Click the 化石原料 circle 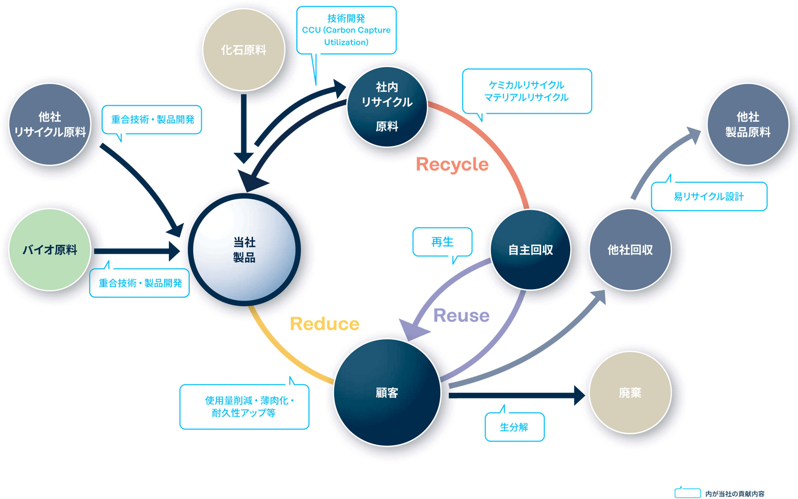[x=244, y=50]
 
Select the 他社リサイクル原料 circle [x=50, y=124]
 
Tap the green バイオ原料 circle [x=50, y=250]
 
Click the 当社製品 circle [x=244, y=250]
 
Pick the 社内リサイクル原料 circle [x=387, y=107]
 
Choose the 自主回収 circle [x=530, y=250]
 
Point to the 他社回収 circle [x=630, y=250]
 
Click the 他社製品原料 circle [x=748, y=124]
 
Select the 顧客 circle [x=387, y=393]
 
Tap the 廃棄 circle [x=630, y=393]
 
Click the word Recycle [x=452, y=164]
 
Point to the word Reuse [x=461, y=315]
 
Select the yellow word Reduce [x=324, y=324]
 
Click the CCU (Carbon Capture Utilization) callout [x=346, y=30]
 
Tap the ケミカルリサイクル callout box [x=527, y=91]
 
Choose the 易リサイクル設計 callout [x=709, y=196]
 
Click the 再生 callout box [x=442, y=242]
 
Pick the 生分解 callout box [x=514, y=427]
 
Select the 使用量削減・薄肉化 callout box [x=244, y=407]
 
